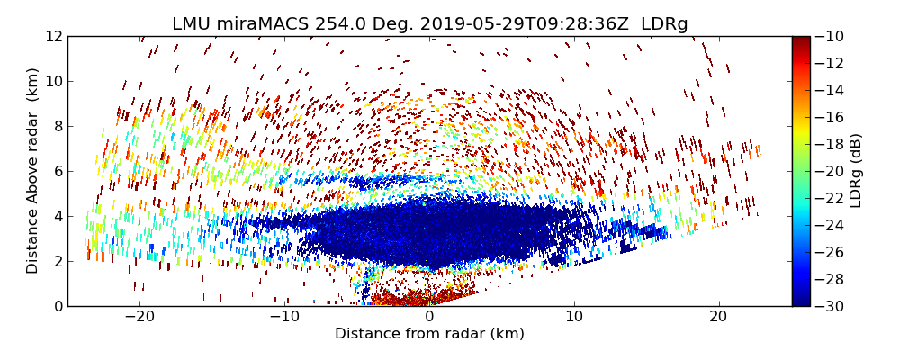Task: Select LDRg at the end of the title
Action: tap(664, 24)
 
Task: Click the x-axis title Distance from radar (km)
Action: tap(429, 334)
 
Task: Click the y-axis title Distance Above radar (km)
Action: tap(33, 170)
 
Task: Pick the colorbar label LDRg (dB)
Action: tap(856, 170)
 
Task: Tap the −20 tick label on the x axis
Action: tap(140, 318)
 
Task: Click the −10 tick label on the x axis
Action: tap(284, 318)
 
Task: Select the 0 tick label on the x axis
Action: tap(429, 318)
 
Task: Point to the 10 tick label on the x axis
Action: tap(574, 318)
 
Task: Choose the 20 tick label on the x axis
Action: tap(718, 318)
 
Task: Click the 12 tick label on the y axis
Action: tap(53, 36)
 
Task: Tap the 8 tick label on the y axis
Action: tap(57, 126)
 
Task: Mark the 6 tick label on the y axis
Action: tap(57, 171)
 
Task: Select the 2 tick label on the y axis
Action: tap(57, 261)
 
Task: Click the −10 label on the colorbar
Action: tap(828, 36)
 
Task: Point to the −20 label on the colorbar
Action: tap(828, 171)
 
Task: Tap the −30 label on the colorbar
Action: tap(828, 306)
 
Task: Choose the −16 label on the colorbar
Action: tap(828, 117)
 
